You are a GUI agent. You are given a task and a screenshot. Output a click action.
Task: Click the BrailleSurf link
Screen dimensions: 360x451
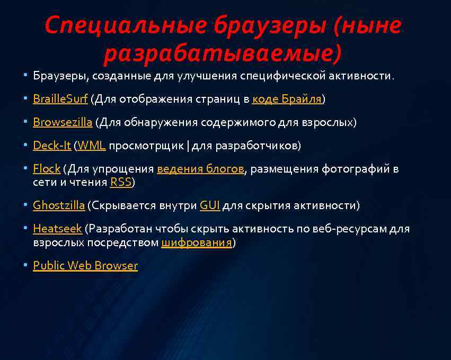60,99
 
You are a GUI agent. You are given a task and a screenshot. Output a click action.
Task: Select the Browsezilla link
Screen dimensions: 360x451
63,122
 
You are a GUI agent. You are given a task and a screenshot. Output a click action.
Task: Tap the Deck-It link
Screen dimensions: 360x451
52,146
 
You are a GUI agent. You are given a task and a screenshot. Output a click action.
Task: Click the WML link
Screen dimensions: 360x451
92,146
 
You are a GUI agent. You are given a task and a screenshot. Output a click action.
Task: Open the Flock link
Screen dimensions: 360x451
47,169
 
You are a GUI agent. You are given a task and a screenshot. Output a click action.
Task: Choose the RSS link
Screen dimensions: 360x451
120,182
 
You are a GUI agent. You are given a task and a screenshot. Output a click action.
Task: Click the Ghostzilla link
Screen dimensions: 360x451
59,205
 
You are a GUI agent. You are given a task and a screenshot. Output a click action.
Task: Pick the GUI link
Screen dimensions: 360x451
210,205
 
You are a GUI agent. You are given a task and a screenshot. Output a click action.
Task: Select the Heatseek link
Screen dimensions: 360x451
57,229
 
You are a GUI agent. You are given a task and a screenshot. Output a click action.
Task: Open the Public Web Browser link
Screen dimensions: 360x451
85,265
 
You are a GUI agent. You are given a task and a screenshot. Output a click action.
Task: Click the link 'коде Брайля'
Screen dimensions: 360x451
287,99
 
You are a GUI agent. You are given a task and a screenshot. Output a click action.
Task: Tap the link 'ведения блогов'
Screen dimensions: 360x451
200,169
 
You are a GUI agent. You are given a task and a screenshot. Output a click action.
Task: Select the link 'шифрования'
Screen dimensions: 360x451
197,242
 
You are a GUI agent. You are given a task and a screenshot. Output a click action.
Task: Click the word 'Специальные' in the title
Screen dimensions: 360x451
125,25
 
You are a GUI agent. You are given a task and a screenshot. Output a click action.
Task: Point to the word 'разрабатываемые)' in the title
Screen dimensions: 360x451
223,52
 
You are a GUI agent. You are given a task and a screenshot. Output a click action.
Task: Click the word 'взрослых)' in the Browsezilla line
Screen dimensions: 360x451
329,122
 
